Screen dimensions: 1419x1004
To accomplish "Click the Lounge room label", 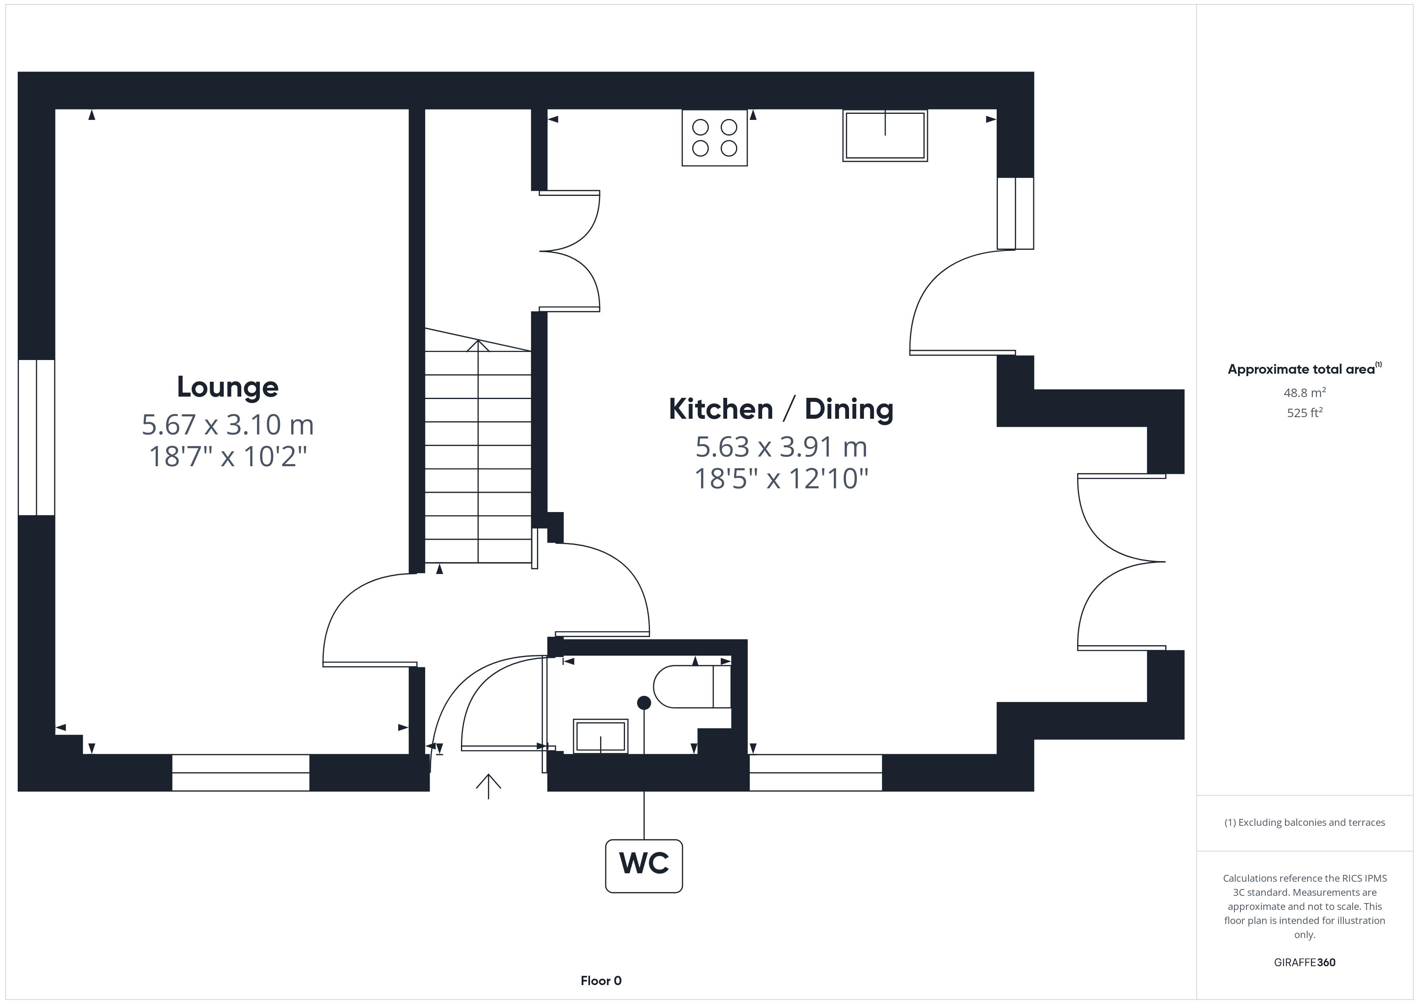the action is pyautogui.click(x=227, y=387).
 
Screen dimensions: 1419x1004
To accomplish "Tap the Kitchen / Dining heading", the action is pyautogui.click(x=781, y=409).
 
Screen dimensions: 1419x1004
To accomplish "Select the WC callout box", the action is pyautogui.click(x=644, y=866).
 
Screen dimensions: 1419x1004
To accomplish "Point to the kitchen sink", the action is pyautogui.click(x=885, y=136).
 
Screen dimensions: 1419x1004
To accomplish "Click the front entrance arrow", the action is pyautogui.click(x=488, y=786).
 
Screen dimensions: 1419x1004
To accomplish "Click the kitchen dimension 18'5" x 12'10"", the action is pyautogui.click(x=781, y=479).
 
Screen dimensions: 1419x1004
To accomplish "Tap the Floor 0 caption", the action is pyautogui.click(x=601, y=981).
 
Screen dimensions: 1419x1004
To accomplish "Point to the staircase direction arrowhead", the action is pyautogui.click(x=478, y=345).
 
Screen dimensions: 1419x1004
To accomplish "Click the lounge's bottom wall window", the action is pyautogui.click(x=241, y=773).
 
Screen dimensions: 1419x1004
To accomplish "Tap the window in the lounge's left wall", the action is pyautogui.click(x=37, y=437).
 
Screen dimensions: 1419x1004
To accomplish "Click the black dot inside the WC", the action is pyautogui.click(x=644, y=702).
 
